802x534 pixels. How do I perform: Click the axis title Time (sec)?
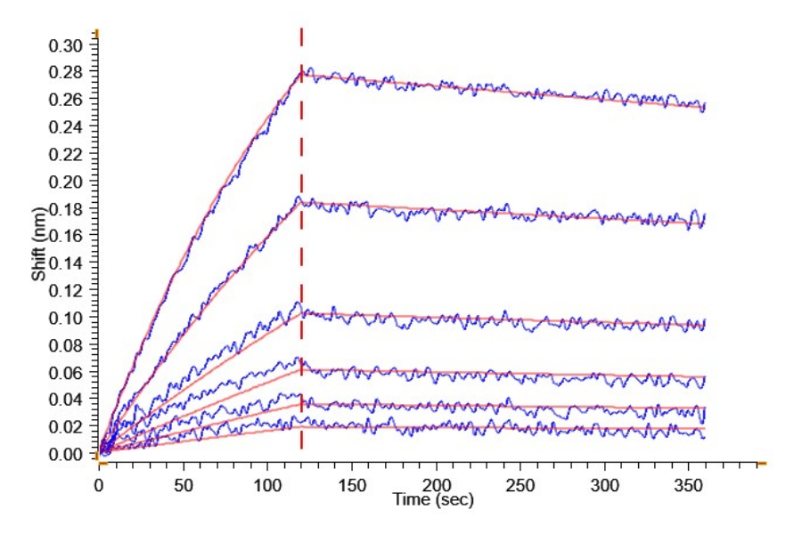click(x=434, y=500)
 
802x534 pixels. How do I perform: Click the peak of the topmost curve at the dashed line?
click(x=302, y=71)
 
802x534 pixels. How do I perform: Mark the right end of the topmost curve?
click(x=705, y=107)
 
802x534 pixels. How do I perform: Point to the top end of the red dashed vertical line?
click(x=301, y=29)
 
